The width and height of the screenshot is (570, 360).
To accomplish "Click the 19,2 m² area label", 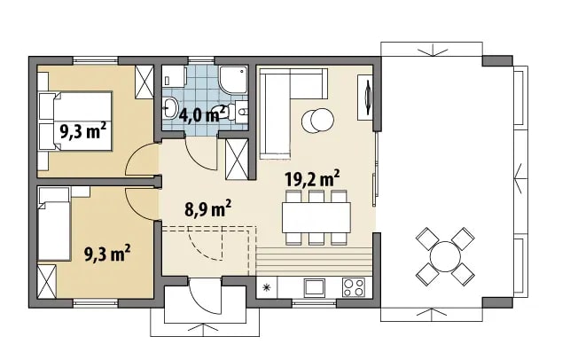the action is (x=313, y=178).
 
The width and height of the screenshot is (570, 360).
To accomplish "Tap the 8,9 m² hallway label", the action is (x=208, y=209).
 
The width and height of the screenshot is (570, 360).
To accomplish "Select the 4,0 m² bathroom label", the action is (x=202, y=114).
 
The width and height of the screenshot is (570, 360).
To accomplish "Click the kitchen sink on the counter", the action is (x=315, y=287).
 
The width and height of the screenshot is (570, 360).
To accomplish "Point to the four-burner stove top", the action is (x=354, y=287).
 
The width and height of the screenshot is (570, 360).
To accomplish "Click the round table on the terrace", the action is (x=445, y=257).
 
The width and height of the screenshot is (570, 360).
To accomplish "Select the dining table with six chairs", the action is (x=316, y=217).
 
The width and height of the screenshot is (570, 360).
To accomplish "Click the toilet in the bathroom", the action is (x=221, y=112).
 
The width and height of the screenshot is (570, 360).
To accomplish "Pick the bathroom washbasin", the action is (x=170, y=107).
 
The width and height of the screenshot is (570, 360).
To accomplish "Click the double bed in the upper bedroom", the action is (x=75, y=121).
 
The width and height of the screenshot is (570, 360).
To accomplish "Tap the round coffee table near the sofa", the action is (x=317, y=121).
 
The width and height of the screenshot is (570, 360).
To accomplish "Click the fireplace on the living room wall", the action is (x=365, y=97).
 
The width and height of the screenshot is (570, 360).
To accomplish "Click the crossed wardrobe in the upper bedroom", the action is (x=144, y=82).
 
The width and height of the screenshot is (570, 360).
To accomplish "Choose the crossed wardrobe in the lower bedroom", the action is (x=47, y=281).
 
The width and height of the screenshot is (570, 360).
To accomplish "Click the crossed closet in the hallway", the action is (x=237, y=160).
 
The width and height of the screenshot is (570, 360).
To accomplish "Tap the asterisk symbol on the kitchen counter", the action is (x=267, y=287).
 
